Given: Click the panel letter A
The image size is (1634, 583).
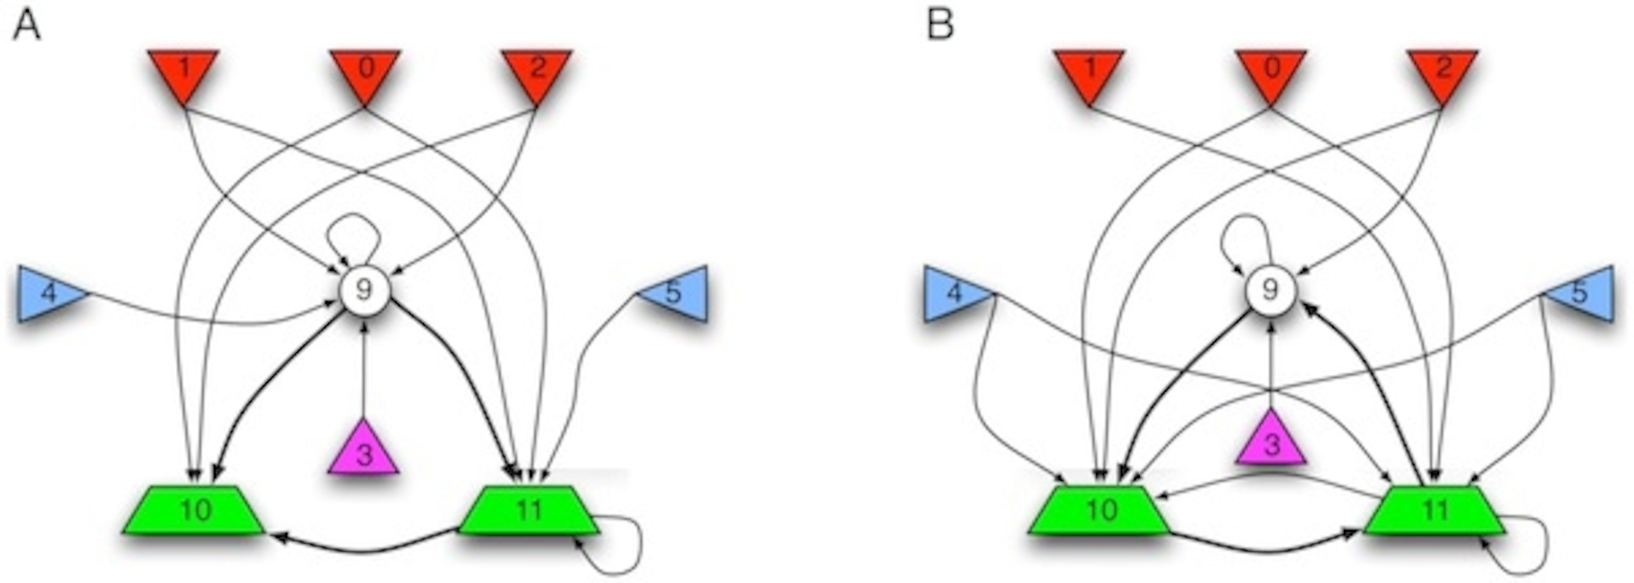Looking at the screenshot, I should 27,27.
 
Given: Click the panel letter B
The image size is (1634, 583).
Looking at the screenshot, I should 940,27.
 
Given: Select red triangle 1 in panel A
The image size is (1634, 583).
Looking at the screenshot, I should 184,71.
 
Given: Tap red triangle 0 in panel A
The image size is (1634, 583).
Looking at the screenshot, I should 365,71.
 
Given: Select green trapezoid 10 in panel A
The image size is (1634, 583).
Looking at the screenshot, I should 194,510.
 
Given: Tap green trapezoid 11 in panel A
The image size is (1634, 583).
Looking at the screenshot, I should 528,510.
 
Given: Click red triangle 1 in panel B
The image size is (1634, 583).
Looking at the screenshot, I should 1090,71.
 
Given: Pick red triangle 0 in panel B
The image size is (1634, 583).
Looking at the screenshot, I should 1271,71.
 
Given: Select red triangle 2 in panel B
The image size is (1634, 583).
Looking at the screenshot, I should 1443,71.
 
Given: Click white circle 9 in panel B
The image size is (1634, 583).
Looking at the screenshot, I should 1270,290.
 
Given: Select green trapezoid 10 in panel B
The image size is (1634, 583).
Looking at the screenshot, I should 1099,510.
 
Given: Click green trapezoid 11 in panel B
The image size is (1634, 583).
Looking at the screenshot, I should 1434,510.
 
